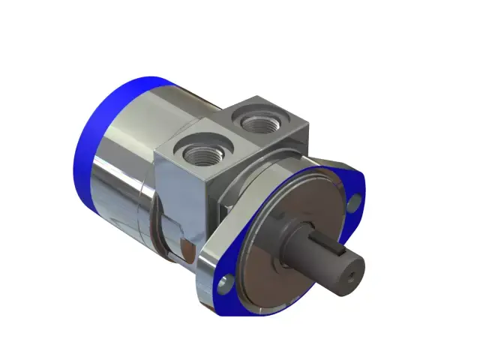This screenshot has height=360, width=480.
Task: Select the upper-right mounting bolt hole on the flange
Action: [x=355, y=200]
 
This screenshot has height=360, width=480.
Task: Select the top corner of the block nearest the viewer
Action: [x=205, y=180]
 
